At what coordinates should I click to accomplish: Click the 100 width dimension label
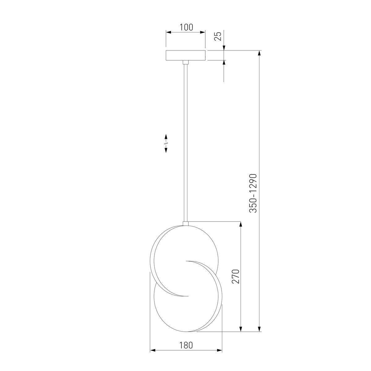[x=186, y=27]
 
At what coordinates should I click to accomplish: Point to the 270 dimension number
[x=236, y=276]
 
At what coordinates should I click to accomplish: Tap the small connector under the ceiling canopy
[x=185, y=62]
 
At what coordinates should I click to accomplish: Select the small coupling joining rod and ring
[x=185, y=224]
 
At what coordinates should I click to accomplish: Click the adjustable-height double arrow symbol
[x=166, y=143]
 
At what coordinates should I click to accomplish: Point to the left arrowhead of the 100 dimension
[x=168, y=32]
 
